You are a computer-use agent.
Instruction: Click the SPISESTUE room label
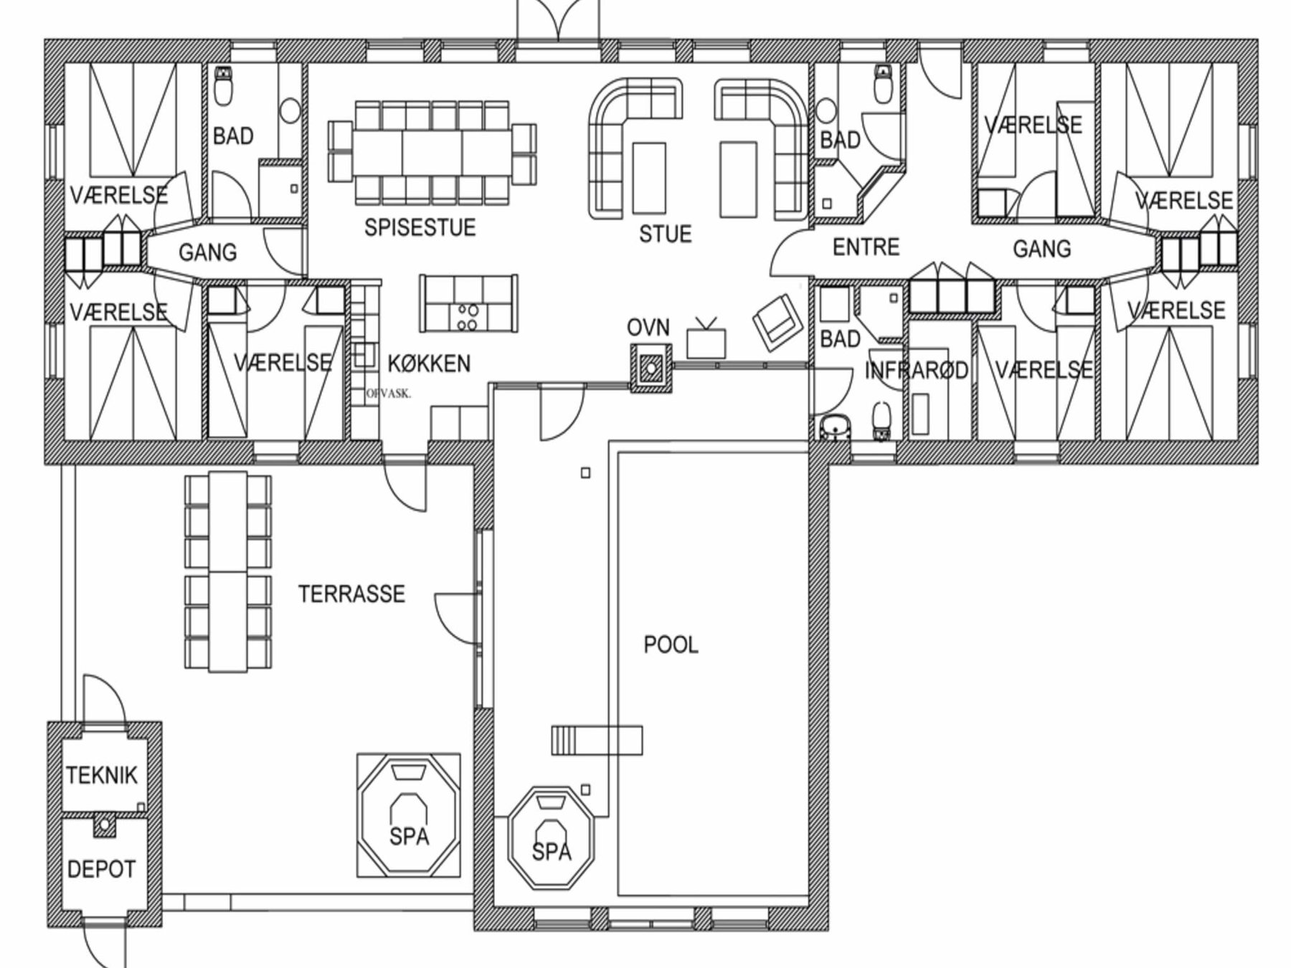coord(420,227)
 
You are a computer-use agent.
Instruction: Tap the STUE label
coord(666,234)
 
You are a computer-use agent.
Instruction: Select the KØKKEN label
coord(429,364)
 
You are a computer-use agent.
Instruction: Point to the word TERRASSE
coord(351,594)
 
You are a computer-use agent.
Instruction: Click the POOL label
coord(671,645)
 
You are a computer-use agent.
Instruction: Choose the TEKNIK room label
coord(102,775)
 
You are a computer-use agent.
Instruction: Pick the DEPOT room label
coord(101,870)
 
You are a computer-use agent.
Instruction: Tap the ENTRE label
coord(866,247)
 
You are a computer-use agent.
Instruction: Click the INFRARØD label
coord(916,371)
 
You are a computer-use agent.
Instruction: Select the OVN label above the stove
coord(648,328)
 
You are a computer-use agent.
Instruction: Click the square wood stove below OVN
coord(651,369)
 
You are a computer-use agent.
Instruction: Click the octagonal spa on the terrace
coord(409,815)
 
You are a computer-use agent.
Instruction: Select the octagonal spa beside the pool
coord(551,839)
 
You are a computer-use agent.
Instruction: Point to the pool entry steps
coord(597,740)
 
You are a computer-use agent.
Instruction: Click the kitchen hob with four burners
coord(467,318)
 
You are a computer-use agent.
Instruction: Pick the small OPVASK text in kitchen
coord(388,394)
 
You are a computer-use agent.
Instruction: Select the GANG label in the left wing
coord(207,252)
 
